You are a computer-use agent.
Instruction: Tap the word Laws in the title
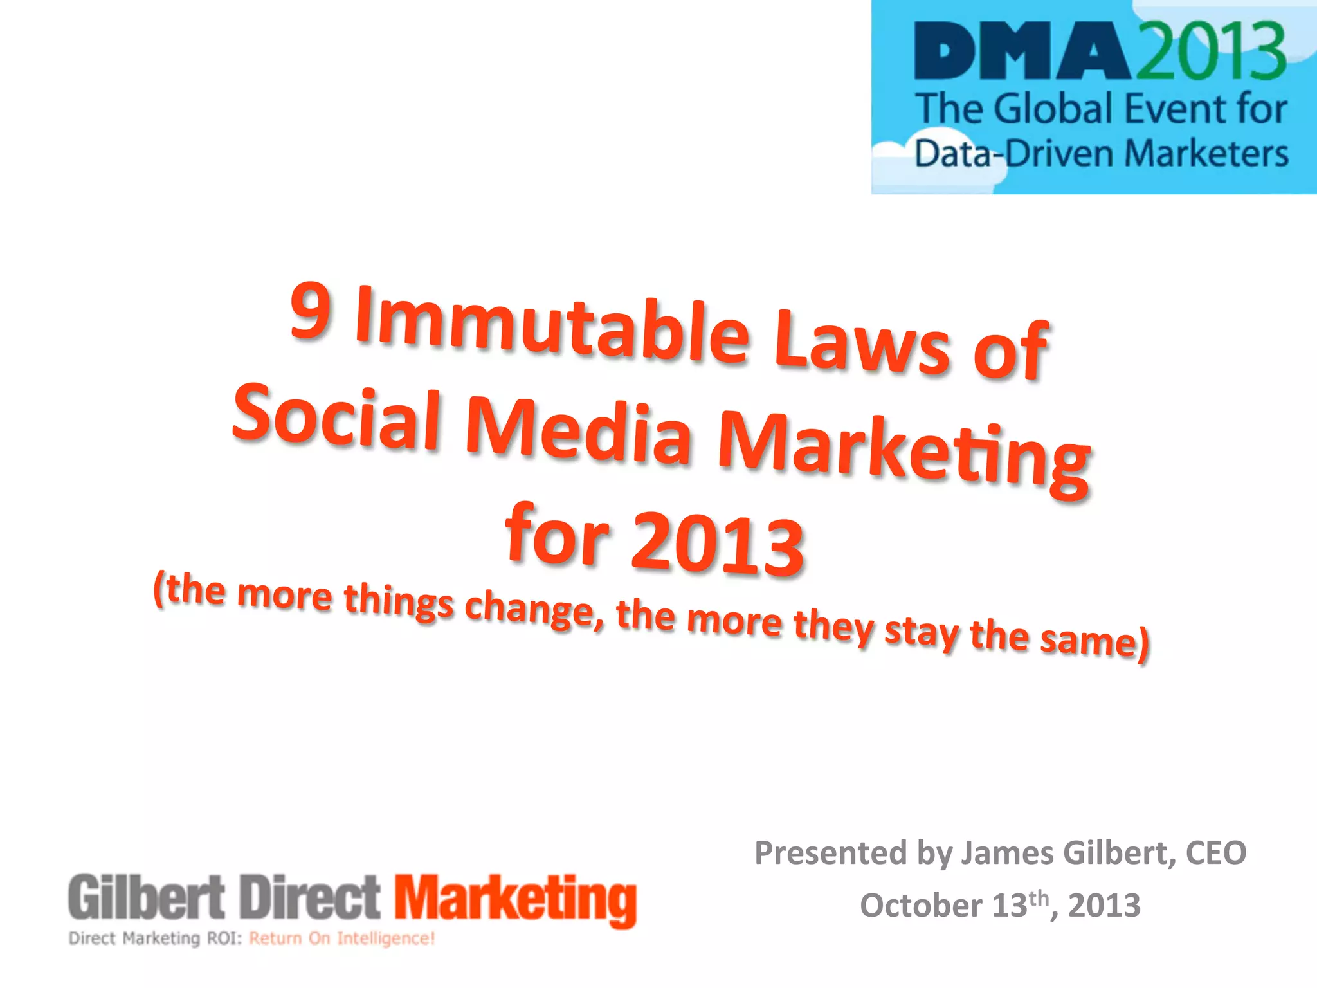tap(862, 347)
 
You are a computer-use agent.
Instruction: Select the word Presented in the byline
tap(830, 853)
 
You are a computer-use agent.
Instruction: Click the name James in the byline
tap(1007, 853)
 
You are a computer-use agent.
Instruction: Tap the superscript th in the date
tap(1039, 897)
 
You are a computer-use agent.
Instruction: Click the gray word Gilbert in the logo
tap(147, 897)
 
